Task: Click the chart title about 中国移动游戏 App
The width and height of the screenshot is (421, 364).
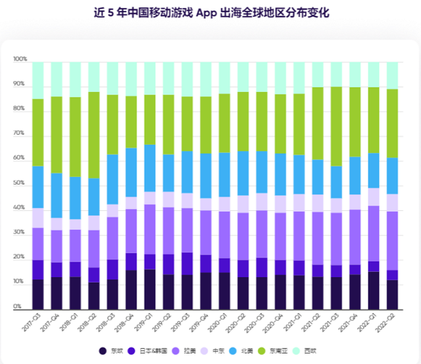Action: [x=210, y=12]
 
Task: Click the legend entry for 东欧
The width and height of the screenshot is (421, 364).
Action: [x=114, y=352]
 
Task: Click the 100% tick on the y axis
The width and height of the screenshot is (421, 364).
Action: [x=20, y=60]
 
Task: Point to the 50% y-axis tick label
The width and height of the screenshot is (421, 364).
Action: [x=20, y=183]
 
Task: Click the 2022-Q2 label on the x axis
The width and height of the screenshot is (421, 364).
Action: [x=388, y=322]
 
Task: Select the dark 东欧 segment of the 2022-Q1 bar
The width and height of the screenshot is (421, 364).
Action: [x=374, y=290]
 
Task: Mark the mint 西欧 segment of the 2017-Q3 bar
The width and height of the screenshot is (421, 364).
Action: [x=38, y=80]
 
